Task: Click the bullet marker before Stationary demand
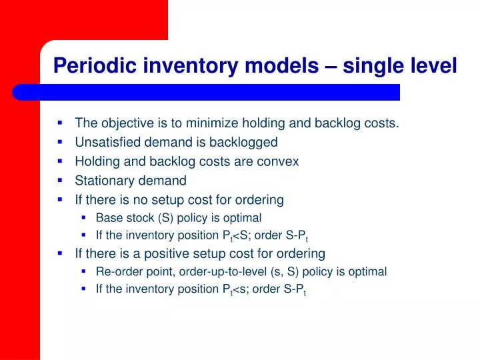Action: tap(60, 180)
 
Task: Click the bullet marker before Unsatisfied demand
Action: tap(60, 141)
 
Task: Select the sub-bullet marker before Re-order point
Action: tap(84, 271)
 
